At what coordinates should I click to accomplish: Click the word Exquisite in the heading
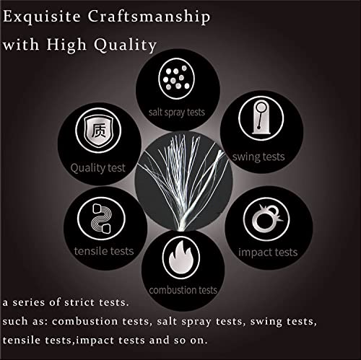[x=42, y=17]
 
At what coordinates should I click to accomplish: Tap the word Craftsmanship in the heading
[x=149, y=17]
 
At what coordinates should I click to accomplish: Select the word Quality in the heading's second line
[x=126, y=45]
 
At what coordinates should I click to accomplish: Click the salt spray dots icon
[x=176, y=79]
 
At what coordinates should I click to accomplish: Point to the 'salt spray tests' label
[x=177, y=113]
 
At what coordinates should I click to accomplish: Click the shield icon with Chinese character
[x=98, y=131]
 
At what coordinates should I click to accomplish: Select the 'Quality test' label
[x=98, y=168]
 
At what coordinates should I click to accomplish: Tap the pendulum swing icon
[x=261, y=118]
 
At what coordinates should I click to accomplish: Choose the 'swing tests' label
[x=258, y=157]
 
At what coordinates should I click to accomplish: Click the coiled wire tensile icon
[x=101, y=219]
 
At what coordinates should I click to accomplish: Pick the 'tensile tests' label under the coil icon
[x=104, y=251]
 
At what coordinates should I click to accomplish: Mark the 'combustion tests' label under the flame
[x=183, y=290]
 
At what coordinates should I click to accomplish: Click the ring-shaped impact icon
[x=266, y=219]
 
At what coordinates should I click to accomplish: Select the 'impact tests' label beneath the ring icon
[x=268, y=253]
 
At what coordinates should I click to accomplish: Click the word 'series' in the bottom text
[x=29, y=302]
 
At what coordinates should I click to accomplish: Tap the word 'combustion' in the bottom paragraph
[x=84, y=321]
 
